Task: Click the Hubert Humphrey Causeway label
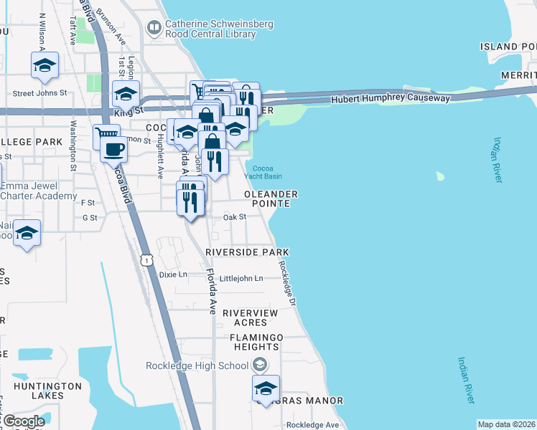(391, 99)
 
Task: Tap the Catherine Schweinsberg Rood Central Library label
(218, 29)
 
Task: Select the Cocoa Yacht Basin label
(267, 172)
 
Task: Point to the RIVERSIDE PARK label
(247, 252)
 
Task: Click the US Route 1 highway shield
(146, 261)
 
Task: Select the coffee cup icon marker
(113, 150)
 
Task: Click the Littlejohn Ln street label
(241, 278)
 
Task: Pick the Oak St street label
(234, 216)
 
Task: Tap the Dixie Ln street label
(173, 274)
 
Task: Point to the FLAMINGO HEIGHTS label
(256, 342)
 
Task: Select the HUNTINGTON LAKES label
(47, 391)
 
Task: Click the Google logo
(23, 421)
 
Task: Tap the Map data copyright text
(506, 424)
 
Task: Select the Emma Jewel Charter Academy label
(38, 191)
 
